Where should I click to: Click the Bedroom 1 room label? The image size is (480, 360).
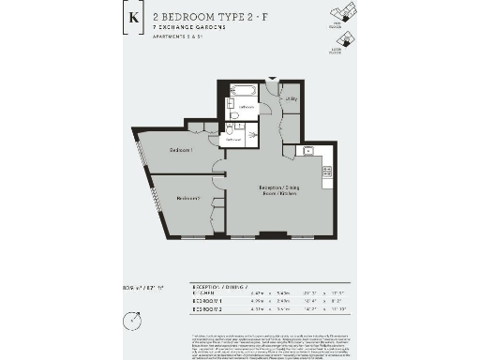[x=181, y=150]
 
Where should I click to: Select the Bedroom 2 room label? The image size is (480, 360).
[x=188, y=198]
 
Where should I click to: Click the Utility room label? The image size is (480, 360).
[x=292, y=97]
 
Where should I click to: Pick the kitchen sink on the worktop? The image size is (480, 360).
[x=307, y=150]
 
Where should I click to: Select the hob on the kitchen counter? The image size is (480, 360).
[x=327, y=171]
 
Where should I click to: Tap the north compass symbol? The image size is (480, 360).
[x=137, y=321]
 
